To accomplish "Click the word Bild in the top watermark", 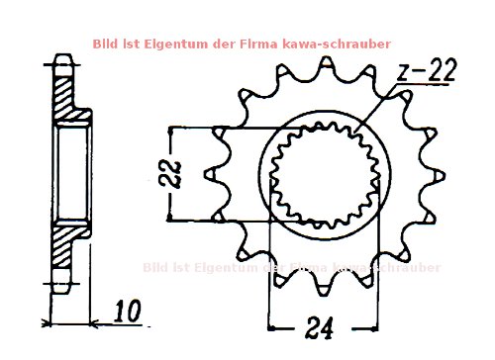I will coord(106,44).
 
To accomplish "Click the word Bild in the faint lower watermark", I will coord(158,267).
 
